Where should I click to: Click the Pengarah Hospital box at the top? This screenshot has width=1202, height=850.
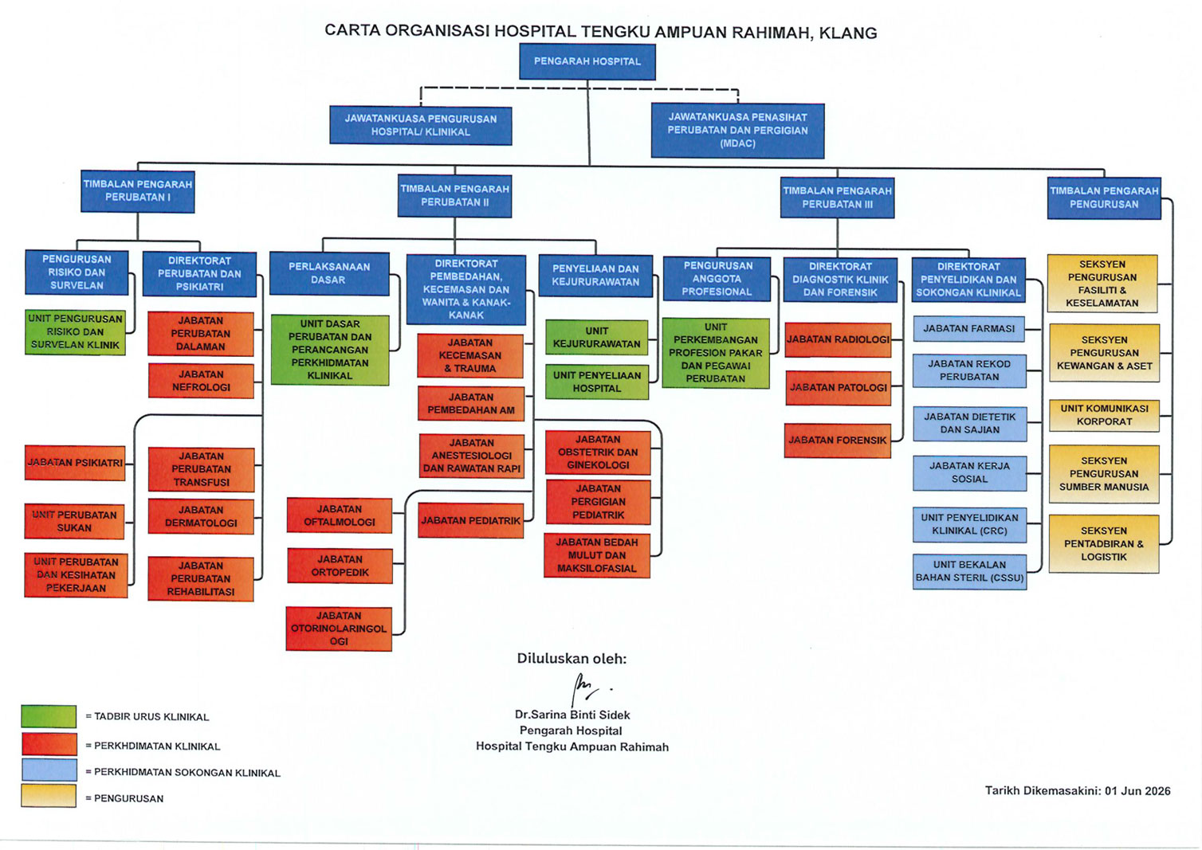587,61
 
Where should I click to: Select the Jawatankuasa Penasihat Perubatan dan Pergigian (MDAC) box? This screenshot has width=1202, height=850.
737,131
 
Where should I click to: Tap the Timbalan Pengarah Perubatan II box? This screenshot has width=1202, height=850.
454,196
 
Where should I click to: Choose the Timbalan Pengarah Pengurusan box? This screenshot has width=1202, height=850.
1104,198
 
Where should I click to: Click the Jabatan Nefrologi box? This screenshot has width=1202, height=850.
201,381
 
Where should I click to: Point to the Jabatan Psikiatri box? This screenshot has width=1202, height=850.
75,463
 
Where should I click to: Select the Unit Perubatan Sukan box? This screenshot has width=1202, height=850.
74,521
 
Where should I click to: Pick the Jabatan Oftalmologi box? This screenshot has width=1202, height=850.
339,515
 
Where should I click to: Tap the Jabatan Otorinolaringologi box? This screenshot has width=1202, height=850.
339,629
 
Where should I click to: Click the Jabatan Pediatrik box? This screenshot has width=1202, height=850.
470,520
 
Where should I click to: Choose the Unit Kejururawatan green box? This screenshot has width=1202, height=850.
597,337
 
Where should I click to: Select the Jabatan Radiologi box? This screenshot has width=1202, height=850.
838,339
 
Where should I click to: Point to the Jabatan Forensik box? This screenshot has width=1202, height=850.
837,441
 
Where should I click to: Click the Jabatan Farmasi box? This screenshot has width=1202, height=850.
968,329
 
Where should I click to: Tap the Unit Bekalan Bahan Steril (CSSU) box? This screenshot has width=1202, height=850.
969,572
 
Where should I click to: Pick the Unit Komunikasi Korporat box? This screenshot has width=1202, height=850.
1104,415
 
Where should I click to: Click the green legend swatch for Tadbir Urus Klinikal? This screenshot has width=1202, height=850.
49,716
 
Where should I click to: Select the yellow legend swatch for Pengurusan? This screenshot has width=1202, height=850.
49,795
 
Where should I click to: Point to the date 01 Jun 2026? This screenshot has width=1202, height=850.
1137,790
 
